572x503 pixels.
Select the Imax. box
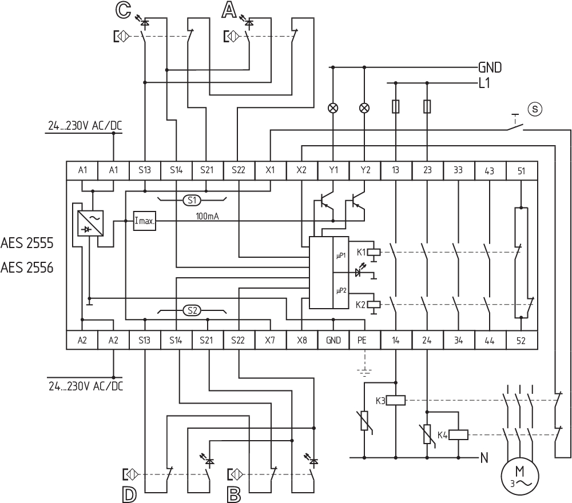(144, 220)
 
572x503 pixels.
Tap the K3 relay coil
(396, 400)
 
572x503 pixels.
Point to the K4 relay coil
(459, 435)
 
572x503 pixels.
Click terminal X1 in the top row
(270, 170)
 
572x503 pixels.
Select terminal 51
(521, 170)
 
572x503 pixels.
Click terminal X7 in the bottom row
(270, 340)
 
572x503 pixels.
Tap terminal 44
(490, 340)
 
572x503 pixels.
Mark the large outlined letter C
(122, 9)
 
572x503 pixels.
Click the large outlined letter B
(233, 494)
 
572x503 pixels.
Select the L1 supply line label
(484, 83)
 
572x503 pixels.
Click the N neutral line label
(484, 457)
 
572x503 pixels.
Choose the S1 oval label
(192, 200)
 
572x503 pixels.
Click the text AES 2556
(27, 267)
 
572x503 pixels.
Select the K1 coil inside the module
(374, 251)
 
